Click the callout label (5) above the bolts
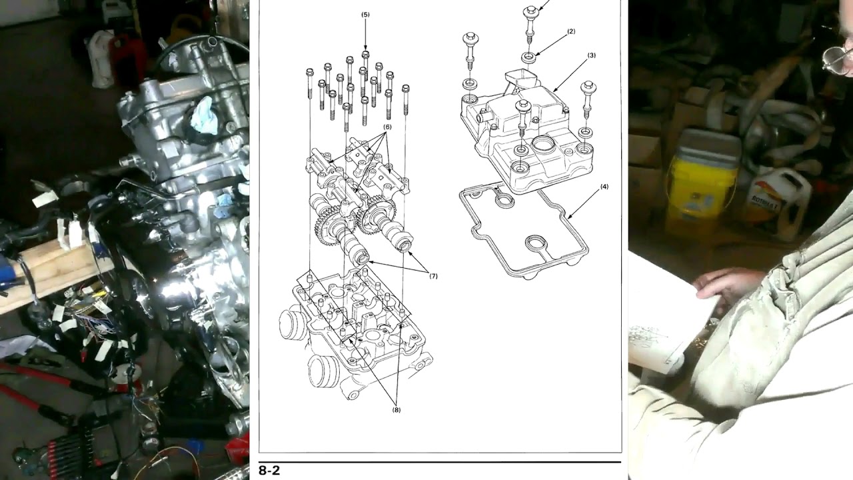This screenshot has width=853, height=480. (365, 14)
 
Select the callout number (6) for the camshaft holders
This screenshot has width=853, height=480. (387, 127)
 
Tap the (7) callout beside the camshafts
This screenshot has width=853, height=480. (433, 276)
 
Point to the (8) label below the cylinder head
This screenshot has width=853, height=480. (397, 410)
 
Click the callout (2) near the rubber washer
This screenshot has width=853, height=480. (571, 31)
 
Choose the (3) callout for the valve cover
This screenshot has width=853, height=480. (591, 55)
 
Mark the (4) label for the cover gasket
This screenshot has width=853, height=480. (604, 187)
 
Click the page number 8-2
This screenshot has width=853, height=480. (269, 471)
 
